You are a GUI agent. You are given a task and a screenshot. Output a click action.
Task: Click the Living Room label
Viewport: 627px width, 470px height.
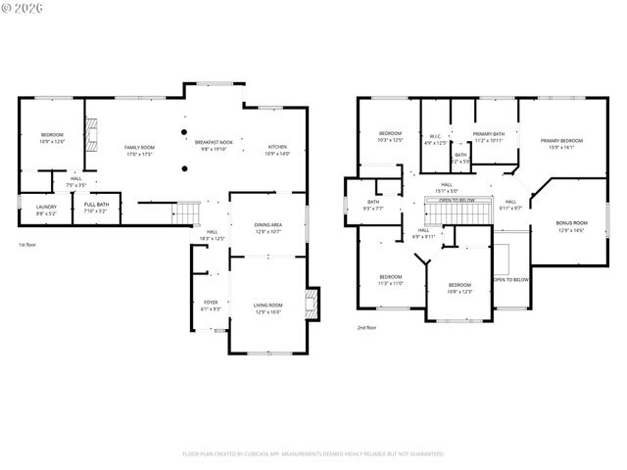click(x=267, y=308)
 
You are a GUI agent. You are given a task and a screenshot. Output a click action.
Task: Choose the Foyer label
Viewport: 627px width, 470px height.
click(x=211, y=305)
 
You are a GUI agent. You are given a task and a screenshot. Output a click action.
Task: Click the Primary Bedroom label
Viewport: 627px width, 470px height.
click(x=563, y=143)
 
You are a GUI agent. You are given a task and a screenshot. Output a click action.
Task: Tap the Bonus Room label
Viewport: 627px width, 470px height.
click(x=571, y=225)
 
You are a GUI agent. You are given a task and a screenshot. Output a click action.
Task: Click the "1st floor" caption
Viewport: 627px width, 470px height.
click(x=28, y=245)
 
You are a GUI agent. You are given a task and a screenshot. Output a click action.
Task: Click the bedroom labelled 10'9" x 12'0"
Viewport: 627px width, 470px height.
click(x=52, y=137)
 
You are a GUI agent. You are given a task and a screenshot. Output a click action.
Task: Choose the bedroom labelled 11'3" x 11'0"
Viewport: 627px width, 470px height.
click(x=391, y=280)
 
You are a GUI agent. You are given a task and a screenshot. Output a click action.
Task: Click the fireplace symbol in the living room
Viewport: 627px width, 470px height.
click(x=313, y=303)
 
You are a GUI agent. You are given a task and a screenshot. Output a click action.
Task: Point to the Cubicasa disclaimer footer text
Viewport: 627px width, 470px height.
click(x=313, y=453)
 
